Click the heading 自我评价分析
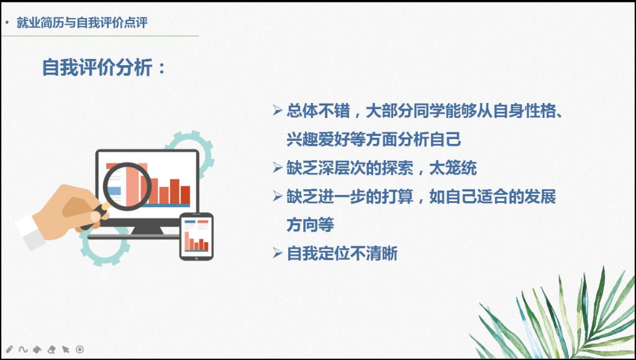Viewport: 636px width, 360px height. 98,67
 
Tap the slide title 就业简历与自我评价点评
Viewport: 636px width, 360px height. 82,23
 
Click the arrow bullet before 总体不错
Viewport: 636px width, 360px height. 278,110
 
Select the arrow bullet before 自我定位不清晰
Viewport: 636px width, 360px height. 278,253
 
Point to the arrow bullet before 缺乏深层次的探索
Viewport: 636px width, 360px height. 278,168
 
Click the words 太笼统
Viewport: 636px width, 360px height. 453,168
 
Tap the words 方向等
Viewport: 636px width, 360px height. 311,225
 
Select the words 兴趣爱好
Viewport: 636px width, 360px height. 318,139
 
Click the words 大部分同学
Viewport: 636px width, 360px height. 405,110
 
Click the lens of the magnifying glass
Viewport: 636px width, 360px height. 127,186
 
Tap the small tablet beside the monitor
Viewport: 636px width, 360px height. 196,236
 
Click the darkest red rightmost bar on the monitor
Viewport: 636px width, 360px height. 185,195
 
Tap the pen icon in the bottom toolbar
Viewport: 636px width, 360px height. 10,349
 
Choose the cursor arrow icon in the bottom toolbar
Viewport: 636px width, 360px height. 65,349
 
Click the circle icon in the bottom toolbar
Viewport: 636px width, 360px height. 79,349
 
